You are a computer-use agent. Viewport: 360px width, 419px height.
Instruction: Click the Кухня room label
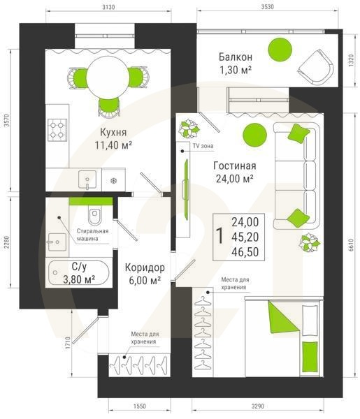[x=94, y=132]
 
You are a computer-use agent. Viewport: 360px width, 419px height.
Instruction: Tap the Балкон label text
[x=235, y=57]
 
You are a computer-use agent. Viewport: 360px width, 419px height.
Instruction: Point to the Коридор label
[x=145, y=267]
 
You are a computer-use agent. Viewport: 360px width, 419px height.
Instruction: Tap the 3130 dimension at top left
[x=107, y=7]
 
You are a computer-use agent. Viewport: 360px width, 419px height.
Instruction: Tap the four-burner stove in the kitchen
[x=57, y=128]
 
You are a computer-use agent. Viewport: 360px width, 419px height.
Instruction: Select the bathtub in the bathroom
[x=76, y=273]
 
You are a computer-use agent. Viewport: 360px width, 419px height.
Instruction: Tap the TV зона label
[x=203, y=147]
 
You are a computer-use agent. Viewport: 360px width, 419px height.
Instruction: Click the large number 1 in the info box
[x=221, y=235]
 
